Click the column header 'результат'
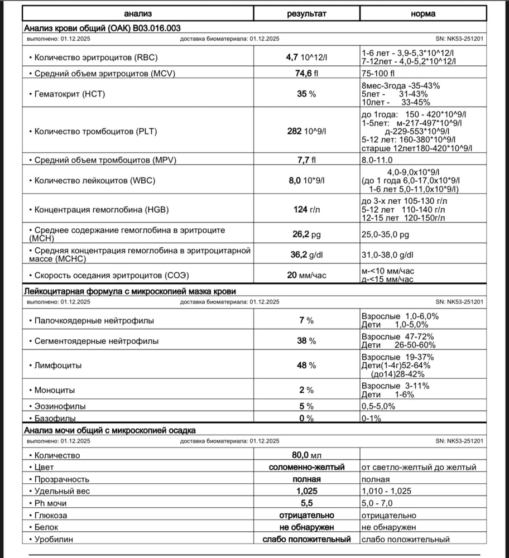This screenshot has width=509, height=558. coord(307,13)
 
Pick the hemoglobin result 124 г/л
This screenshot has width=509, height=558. coord(306,209)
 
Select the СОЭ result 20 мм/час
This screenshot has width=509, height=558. coord(306,275)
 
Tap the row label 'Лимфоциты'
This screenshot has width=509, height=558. coord(58,365)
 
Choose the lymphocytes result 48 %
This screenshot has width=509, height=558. coord(306,365)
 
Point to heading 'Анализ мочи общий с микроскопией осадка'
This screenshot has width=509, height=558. coord(109,430)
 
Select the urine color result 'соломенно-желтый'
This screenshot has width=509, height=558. coord(306,467)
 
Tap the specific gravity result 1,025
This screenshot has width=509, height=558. coord(306,491)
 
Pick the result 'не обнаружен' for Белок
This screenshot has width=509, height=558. coord(306,527)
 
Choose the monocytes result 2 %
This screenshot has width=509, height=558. coord(306,390)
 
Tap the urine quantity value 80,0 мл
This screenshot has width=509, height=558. coord(306,455)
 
